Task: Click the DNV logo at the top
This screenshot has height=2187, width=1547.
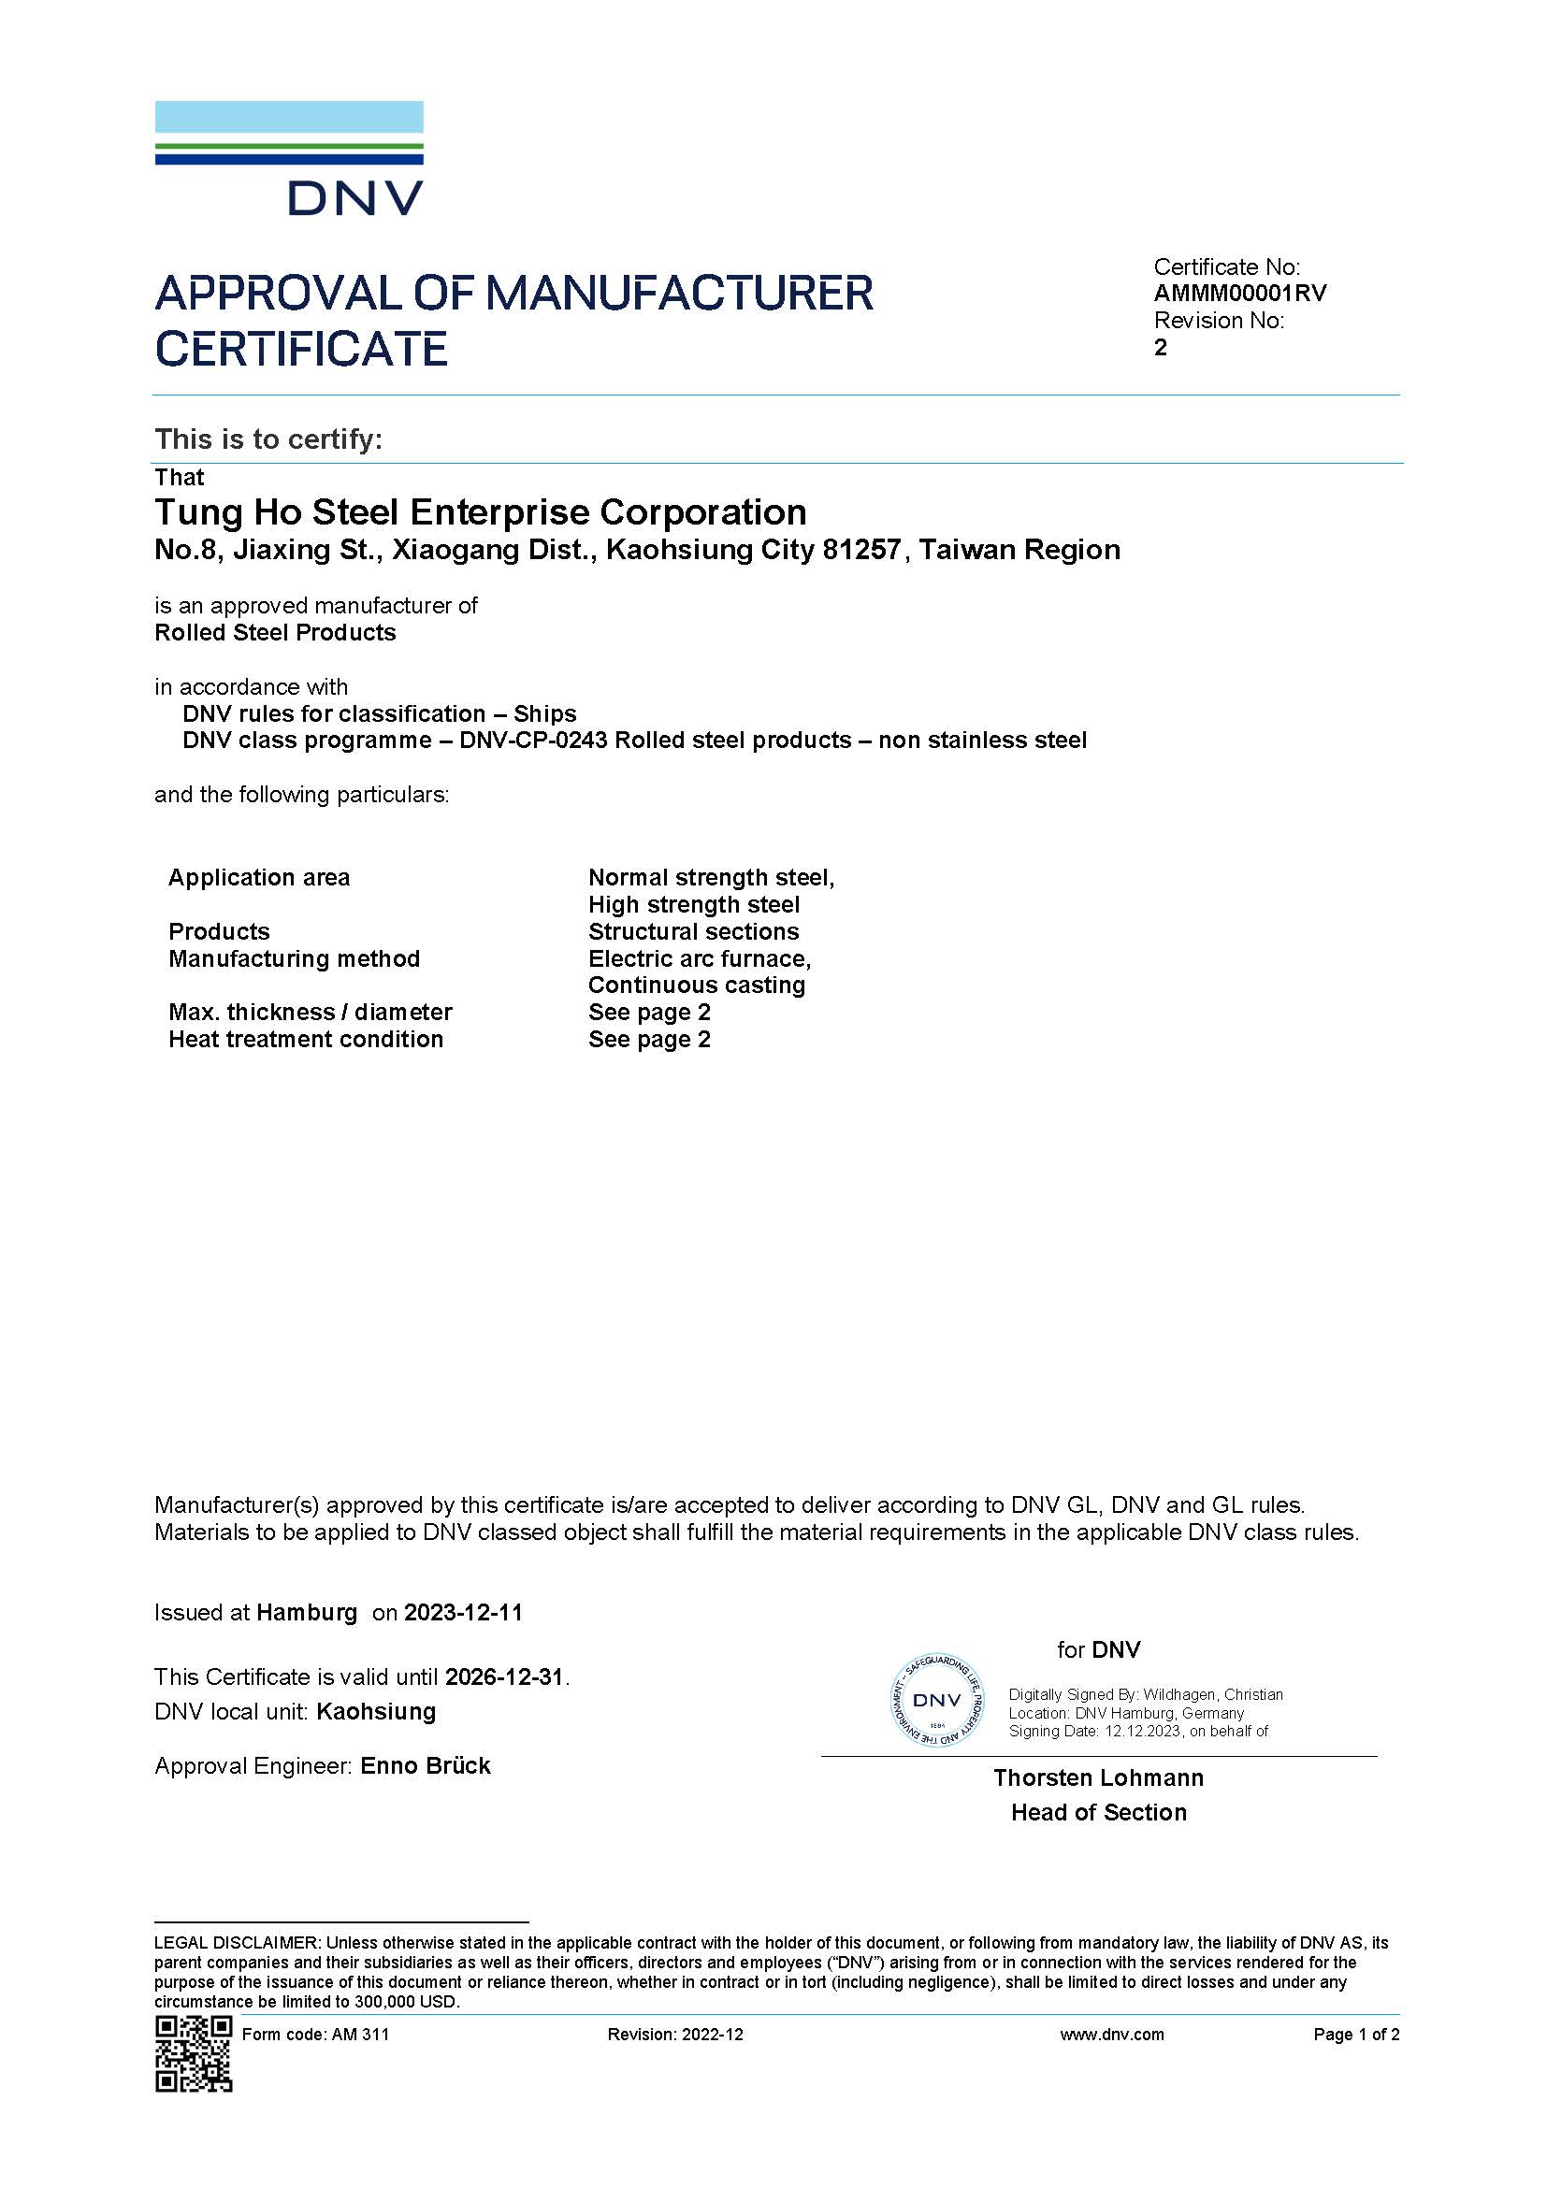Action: tap(289, 158)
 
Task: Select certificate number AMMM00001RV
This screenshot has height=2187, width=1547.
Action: tap(1239, 294)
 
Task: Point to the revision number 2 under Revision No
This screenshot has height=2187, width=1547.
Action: tap(1160, 348)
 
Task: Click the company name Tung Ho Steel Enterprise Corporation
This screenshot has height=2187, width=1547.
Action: tap(480, 512)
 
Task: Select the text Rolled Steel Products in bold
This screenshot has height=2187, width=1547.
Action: tap(275, 632)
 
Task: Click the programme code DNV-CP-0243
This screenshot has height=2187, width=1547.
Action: tap(533, 741)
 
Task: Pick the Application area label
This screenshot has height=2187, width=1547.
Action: tap(259, 877)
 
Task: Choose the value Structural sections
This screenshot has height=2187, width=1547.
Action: tap(693, 931)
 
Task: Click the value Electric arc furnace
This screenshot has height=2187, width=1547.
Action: tap(700, 958)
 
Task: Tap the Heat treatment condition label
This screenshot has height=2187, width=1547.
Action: tap(306, 1039)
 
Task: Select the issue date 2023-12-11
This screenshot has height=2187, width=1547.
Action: tap(463, 1613)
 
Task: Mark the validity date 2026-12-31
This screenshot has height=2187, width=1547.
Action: tap(505, 1677)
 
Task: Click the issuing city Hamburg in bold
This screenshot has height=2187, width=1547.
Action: tap(307, 1613)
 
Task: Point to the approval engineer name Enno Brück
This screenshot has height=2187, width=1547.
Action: tap(425, 1766)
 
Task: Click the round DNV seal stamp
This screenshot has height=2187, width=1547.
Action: tap(937, 1700)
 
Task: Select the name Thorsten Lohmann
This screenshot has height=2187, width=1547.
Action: tap(1098, 1777)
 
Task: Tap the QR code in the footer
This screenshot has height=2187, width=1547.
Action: tap(194, 2054)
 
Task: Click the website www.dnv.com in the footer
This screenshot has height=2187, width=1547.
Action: tap(1112, 2035)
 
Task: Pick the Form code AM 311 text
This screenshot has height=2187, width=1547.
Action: tap(315, 2035)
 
